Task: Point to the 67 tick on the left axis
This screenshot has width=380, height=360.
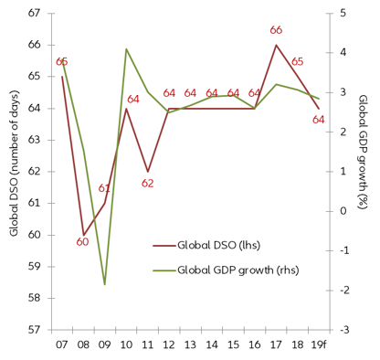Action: click(x=34, y=14)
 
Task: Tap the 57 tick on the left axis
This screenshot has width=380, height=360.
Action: click(x=34, y=330)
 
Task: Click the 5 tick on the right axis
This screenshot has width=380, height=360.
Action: click(x=342, y=14)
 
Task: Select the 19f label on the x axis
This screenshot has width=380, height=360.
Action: click(x=319, y=345)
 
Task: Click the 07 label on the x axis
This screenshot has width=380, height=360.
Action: click(x=61, y=345)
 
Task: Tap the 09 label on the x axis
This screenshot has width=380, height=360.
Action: click(x=104, y=345)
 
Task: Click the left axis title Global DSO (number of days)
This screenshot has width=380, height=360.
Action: click(x=14, y=172)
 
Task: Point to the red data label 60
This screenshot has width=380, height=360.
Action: click(x=82, y=243)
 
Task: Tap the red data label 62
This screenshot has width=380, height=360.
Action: click(x=147, y=183)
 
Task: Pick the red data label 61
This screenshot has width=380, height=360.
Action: click(x=104, y=188)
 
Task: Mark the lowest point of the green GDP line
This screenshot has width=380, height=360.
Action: click(x=104, y=284)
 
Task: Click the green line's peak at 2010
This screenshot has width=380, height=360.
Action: click(x=126, y=49)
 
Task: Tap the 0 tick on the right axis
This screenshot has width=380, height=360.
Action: click(x=342, y=211)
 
